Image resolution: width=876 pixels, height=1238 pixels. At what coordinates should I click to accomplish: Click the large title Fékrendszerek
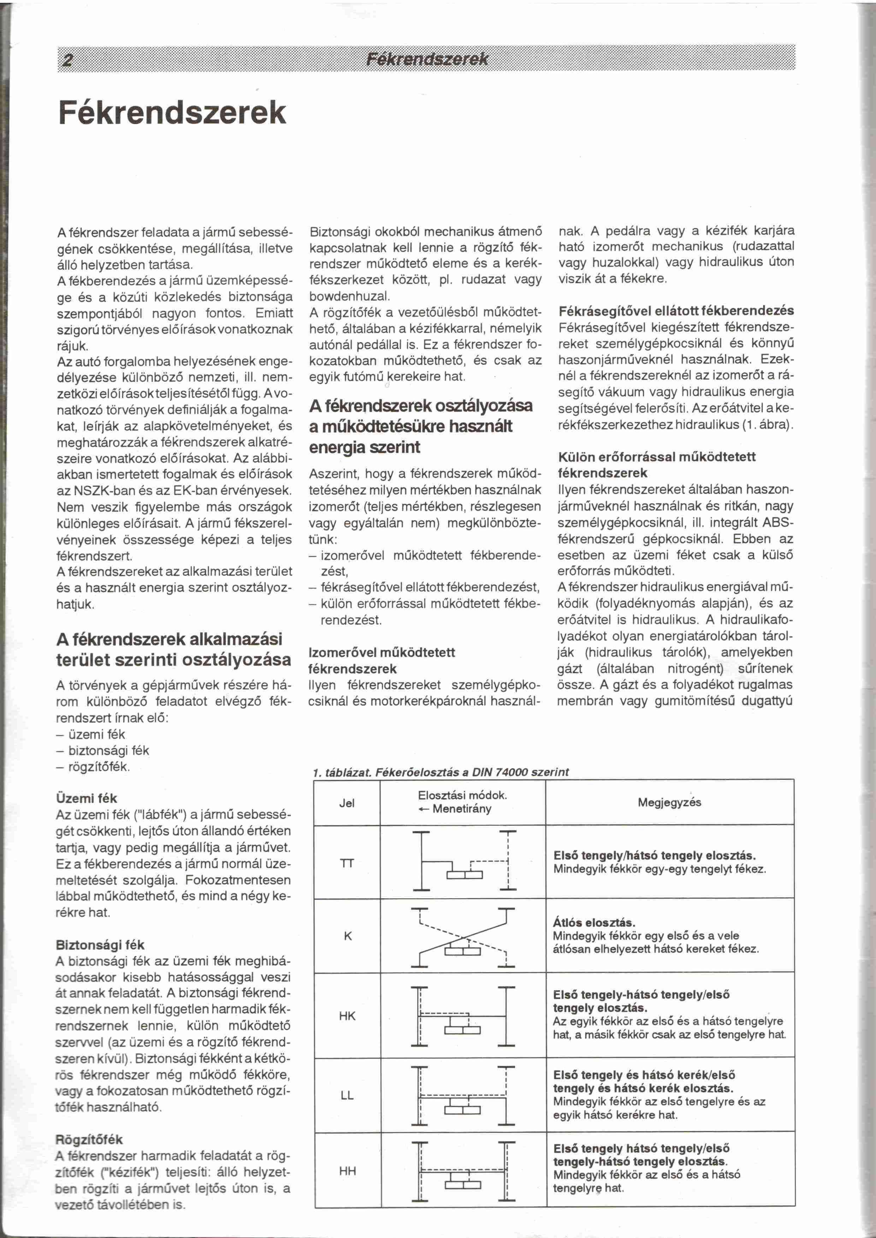172,113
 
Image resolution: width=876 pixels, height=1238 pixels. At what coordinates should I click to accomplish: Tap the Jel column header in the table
347,803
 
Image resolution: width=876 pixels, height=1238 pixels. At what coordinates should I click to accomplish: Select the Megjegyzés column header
669,802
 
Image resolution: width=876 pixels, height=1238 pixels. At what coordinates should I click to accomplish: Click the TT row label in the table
347,863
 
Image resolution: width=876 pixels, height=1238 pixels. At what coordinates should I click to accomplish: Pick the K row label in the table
348,937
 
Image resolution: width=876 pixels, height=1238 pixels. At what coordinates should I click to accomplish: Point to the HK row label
347,1016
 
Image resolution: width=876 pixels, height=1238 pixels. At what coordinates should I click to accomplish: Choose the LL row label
347,1095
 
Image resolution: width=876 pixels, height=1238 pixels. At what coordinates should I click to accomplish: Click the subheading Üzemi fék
86,798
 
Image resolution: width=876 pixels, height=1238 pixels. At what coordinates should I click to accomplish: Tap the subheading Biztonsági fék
100,945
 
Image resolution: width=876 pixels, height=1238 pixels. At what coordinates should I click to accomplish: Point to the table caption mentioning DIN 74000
441,772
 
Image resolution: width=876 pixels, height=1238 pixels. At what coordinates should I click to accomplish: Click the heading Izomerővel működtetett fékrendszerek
381,660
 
